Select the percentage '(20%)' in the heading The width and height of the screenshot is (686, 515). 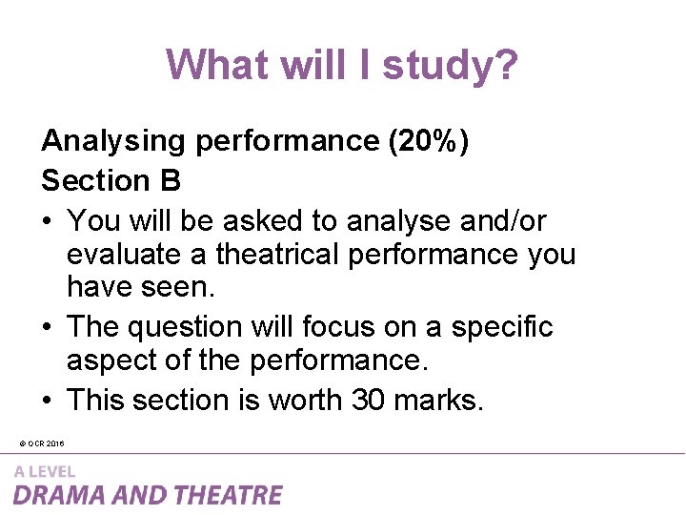click(x=428, y=141)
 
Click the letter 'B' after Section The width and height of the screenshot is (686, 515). click(x=171, y=180)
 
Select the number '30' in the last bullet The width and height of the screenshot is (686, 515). click(x=368, y=401)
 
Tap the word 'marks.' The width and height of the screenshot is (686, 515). click(x=437, y=401)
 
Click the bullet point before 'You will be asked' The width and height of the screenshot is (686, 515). click(x=49, y=222)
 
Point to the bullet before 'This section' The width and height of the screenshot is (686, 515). click(x=49, y=402)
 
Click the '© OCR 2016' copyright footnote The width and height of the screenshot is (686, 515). click(x=41, y=443)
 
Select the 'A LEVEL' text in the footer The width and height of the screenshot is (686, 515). click(x=44, y=471)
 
